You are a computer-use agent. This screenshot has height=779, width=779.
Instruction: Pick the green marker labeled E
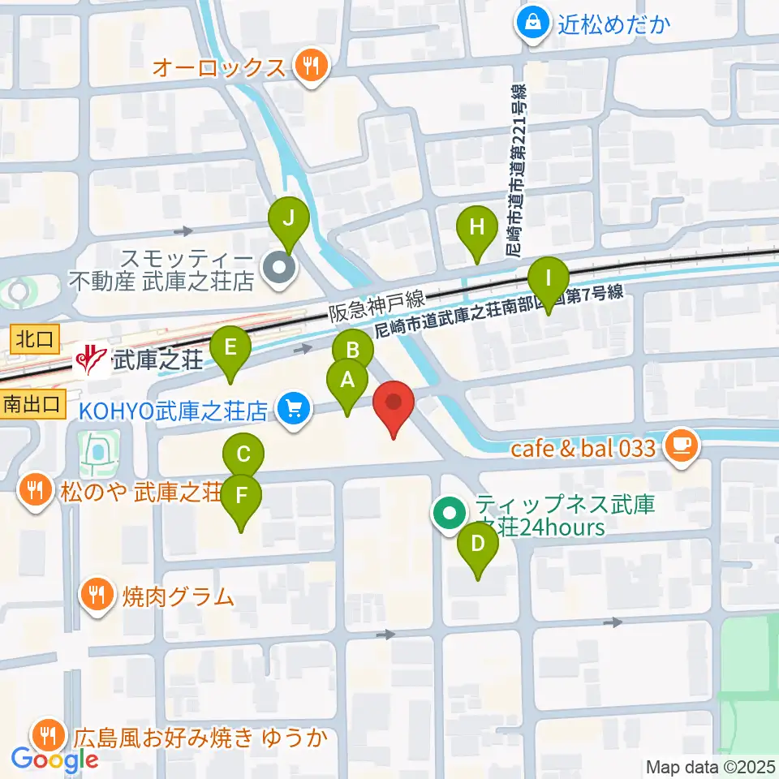click(230, 350)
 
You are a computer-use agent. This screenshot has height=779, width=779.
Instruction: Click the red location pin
click(394, 404)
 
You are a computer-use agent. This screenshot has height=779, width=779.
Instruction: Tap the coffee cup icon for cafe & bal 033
click(679, 447)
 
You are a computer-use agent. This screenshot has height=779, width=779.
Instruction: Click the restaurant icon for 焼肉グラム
click(97, 597)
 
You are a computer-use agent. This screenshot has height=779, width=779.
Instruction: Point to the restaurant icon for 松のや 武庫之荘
click(34, 491)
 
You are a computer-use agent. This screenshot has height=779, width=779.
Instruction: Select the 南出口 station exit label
click(32, 402)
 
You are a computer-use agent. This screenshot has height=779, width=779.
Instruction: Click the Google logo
click(55, 760)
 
